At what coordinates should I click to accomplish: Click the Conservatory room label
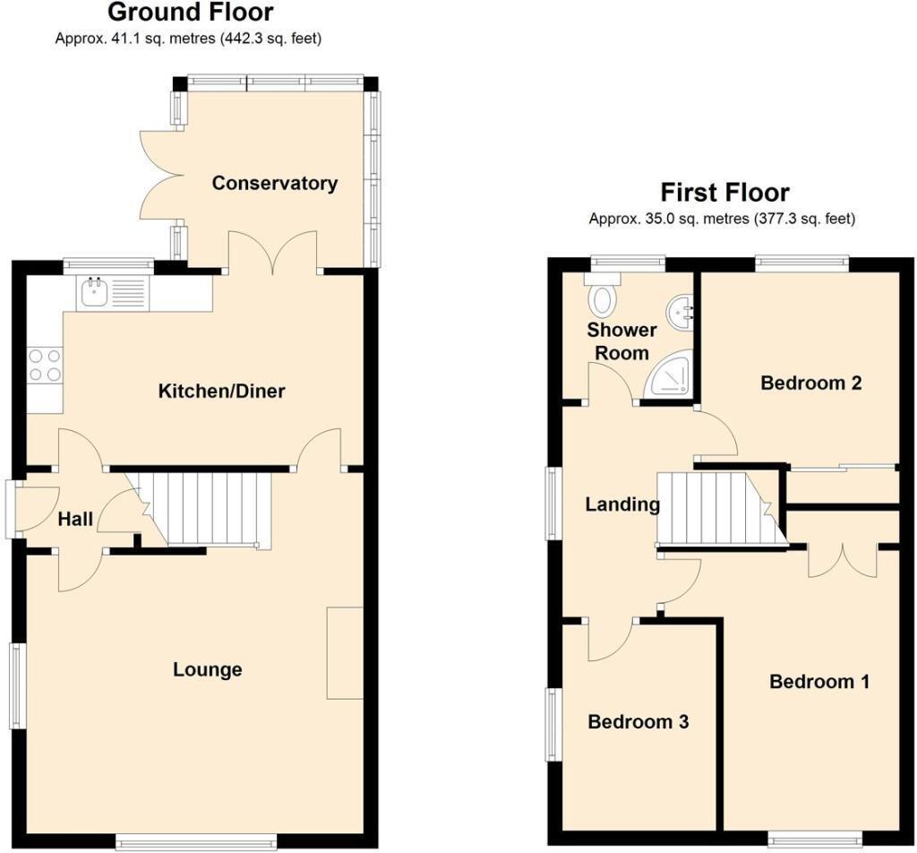[x=274, y=184]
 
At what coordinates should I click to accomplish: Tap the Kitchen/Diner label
[x=221, y=392]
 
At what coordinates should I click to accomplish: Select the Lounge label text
[x=208, y=669]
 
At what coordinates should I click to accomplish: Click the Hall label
[x=75, y=520]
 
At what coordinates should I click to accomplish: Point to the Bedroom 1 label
[x=819, y=682]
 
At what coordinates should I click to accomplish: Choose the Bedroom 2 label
[x=810, y=383]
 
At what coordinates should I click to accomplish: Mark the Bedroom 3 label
[x=638, y=722]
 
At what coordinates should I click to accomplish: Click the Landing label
[x=622, y=504]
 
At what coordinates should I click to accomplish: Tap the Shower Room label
[x=622, y=341]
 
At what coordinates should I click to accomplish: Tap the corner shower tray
[x=671, y=380]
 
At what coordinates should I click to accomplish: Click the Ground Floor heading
[x=190, y=13]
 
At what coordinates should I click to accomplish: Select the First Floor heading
[x=724, y=193]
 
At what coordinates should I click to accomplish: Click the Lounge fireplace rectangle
[x=345, y=652]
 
